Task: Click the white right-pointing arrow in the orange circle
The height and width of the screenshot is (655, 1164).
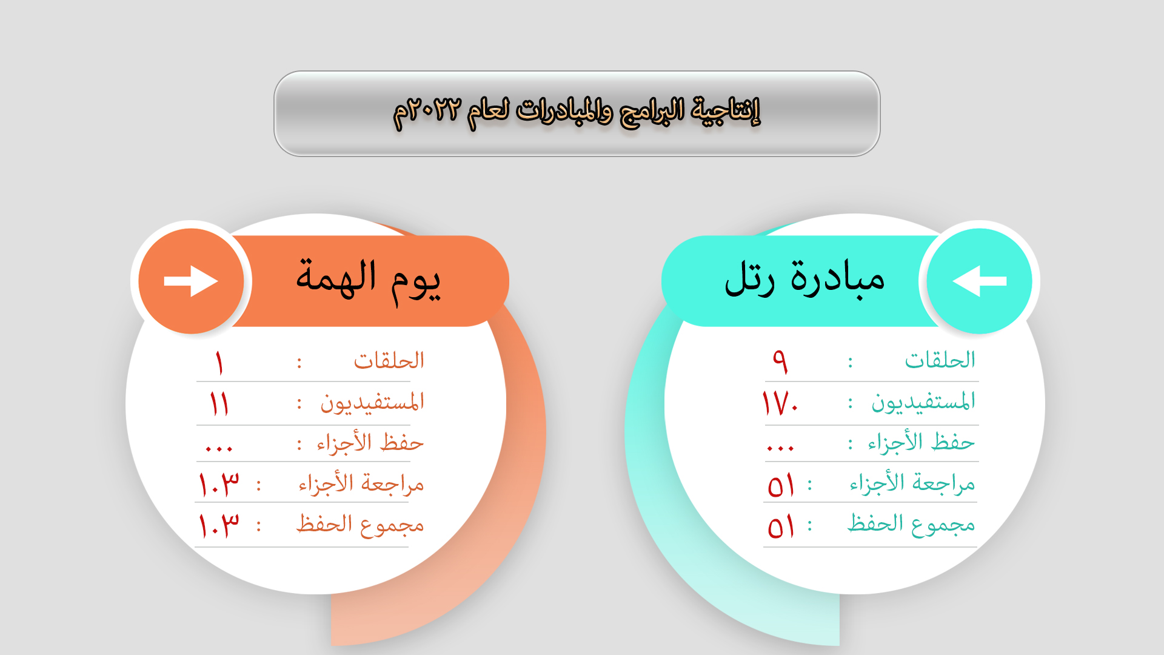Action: [x=191, y=281]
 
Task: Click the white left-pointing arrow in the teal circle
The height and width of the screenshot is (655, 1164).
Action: [x=979, y=281]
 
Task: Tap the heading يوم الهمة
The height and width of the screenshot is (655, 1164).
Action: [x=368, y=281]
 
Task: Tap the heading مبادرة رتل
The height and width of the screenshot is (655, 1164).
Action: [x=804, y=279]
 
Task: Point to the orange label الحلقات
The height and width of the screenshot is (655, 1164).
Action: [x=389, y=360]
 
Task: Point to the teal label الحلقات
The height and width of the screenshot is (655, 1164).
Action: [x=940, y=360]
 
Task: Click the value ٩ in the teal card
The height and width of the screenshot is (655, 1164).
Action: [x=780, y=361]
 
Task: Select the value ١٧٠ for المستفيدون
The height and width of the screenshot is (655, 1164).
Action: [x=780, y=403]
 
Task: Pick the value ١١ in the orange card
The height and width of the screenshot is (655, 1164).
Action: [x=219, y=403]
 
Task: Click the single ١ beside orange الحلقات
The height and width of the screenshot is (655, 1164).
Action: [x=219, y=363]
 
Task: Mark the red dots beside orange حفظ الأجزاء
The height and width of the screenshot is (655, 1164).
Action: [x=219, y=449]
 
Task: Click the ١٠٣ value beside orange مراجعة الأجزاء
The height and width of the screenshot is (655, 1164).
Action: [x=219, y=485]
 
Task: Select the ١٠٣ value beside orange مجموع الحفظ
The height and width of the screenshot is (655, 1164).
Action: [x=219, y=525]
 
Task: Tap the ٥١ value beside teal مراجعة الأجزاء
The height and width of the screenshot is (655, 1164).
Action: [x=781, y=486]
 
